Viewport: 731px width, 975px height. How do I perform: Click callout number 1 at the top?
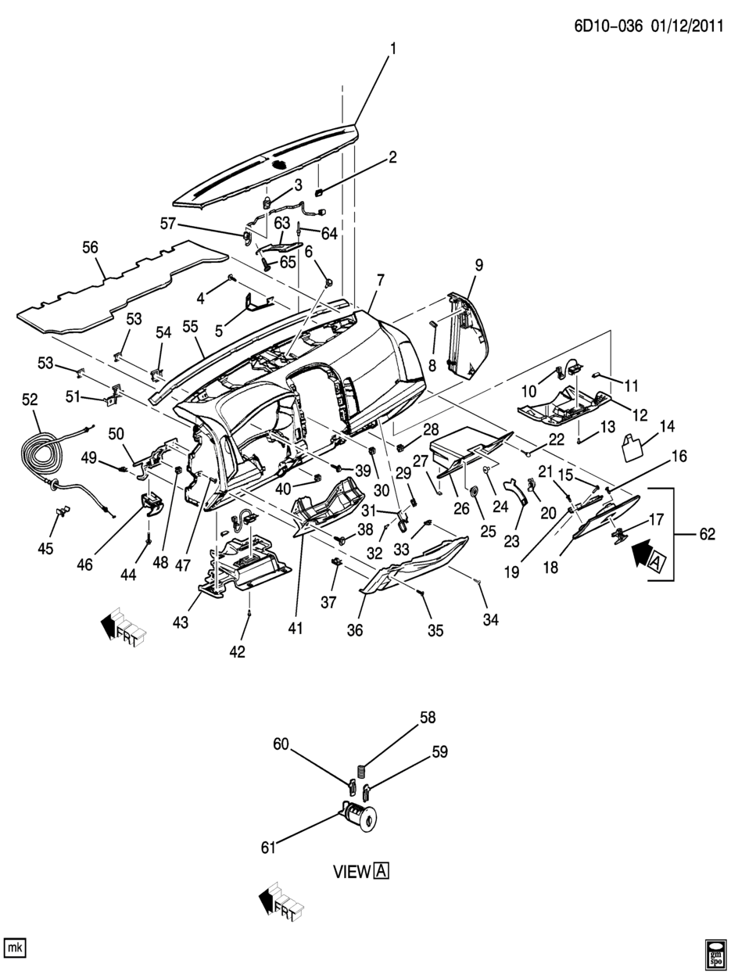(393, 49)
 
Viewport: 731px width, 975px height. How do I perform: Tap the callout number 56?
(90, 248)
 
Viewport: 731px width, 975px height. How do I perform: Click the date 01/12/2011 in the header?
(680, 26)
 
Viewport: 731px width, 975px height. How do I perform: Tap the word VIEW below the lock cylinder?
(350, 871)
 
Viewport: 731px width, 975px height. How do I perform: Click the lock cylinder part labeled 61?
(360, 818)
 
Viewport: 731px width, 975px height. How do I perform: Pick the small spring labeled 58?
(361, 770)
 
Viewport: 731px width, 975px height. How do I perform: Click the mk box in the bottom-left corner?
(15, 948)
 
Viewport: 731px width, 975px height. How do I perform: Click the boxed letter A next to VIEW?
(381, 871)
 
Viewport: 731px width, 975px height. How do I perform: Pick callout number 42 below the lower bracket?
(237, 651)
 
